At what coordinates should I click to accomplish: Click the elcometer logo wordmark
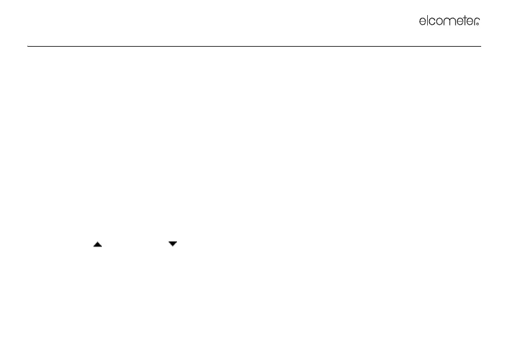[x=449, y=21]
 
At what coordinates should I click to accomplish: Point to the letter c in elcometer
[x=433, y=22]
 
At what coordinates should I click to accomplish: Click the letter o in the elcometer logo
[x=441, y=22]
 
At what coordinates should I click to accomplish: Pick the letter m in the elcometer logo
[x=449, y=22]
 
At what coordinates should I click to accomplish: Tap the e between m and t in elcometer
[x=458, y=22]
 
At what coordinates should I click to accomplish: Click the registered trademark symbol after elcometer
[x=478, y=24]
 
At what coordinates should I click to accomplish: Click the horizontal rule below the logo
[x=254, y=46]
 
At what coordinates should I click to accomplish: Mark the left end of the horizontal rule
[x=28, y=46]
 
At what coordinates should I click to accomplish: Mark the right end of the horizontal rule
[x=480, y=46]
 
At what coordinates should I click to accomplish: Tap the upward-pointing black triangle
[x=97, y=244]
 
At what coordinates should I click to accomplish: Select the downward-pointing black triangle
[x=173, y=244]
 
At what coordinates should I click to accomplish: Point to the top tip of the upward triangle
[x=97, y=241]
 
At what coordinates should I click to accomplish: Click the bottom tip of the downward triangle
[x=173, y=246]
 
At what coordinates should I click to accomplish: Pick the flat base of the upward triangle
[x=97, y=245]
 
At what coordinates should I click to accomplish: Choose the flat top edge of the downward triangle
[x=173, y=242]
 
